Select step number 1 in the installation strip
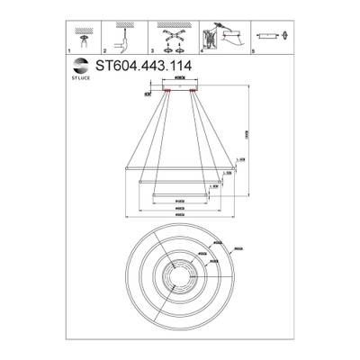click(70, 53)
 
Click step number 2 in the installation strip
click(105, 53)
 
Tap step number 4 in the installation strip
click(202, 53)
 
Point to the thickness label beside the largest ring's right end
click(242, 167)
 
